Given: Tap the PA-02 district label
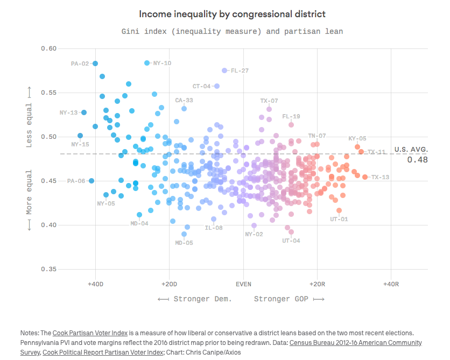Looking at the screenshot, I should [x=80, y=63].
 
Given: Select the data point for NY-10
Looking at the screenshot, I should [x=147, y=63].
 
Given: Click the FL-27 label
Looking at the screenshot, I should [x=240, y=70].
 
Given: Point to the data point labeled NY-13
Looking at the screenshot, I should [x=84, y=112].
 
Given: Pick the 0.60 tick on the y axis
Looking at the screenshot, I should [x=49, y=48].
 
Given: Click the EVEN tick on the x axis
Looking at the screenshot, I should [x=243, y=284].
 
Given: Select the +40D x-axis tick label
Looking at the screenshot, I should [x=95, y=284].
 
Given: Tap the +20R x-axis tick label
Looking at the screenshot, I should [x=317, y=284].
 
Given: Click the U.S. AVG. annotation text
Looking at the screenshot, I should [x=411, y=149].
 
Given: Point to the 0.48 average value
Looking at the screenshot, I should [x=417, y=159].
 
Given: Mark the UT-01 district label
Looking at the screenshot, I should [x=339, y=219].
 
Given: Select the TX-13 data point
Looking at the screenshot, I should [x=365, y=177].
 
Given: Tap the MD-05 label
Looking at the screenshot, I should [x=184, y=243].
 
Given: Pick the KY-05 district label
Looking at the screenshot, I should [x=357, y=138].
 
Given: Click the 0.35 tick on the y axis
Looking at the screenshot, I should [x=49, y=269].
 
